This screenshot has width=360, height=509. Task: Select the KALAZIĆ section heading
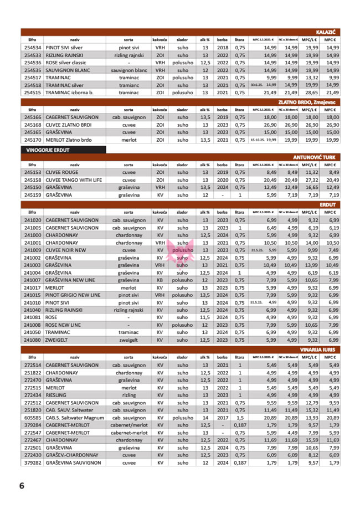coord(327,33)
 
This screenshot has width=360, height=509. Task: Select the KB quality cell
coord(160,280)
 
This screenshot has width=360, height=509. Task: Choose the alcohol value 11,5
coord(205,317)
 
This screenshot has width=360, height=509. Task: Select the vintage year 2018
coord(223,48)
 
